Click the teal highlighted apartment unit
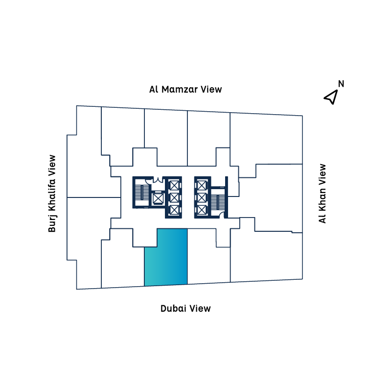click(x=165, y=257)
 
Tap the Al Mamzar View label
click(x=185, y=89)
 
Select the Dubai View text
click(x=185, y=308)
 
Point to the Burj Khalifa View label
click(x=52, y=194)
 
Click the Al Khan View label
click(x=322, y=194)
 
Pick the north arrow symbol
click(x=331, y=97)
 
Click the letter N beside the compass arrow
click(x=341, y=84)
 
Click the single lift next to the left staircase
click(x=158, y=198)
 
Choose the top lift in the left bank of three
click(x=174, y=186)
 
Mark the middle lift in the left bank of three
click(x=174, y=198)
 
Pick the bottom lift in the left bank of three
click(x=174, y=210)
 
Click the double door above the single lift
click(x=158, y=181)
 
